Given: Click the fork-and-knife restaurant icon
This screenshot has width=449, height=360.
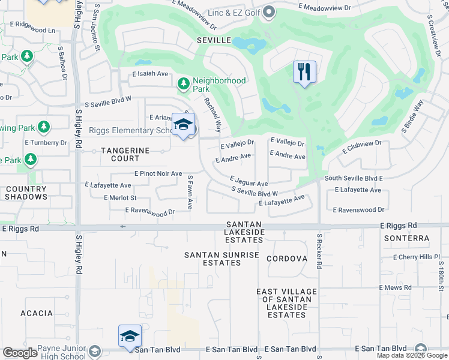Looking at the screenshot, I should click(304, 72).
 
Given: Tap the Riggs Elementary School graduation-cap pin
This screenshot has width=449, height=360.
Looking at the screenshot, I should click(183, 125).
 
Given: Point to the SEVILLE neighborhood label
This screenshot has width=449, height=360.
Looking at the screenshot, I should click(214, 40).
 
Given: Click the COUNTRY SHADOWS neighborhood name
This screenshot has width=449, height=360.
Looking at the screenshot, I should click(26, 193).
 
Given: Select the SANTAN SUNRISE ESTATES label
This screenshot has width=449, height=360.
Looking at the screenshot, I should click(221, 259).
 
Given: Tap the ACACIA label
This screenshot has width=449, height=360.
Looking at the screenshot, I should click(37, 313).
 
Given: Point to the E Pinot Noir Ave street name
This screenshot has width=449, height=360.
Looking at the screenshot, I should click(158, 173).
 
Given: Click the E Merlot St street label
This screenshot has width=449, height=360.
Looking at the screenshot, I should click(120, 197).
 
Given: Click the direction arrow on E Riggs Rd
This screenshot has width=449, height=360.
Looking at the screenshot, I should click(124, 227).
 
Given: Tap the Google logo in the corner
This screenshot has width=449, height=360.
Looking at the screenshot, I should click(20, 353).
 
